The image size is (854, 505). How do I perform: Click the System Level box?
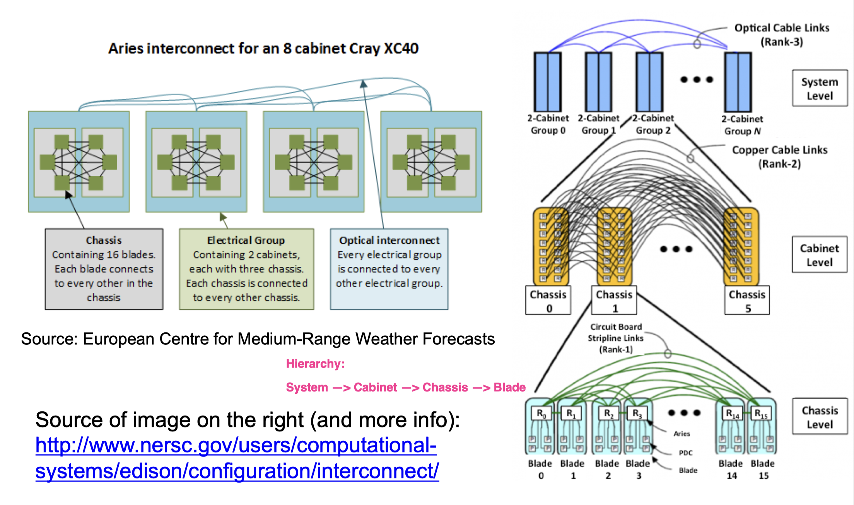pos(820,88)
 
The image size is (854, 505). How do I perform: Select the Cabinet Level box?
pos(819,255)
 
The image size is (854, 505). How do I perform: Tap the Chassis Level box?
pos(820,417)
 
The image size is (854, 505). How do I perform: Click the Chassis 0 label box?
pos(548,301)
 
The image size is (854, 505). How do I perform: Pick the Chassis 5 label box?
pos(747,301)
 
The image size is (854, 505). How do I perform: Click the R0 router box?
pos(541,414)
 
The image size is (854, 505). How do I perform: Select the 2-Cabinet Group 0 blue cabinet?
pos(548,82)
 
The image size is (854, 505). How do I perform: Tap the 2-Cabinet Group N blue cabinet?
pos(738,82)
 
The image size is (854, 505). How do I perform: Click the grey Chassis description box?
pos(104,269)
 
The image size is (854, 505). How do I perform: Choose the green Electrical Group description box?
pos(246,269)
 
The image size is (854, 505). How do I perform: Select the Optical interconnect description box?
pos(389,269)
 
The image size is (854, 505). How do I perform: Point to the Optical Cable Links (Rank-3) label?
pos(782,34)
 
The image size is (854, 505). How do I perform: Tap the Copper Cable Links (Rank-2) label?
pos(779,156)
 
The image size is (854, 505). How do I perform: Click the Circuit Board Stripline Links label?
pos(616,338)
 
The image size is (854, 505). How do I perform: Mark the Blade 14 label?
pos(731,469)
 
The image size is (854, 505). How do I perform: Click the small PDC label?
pos(685,453)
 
